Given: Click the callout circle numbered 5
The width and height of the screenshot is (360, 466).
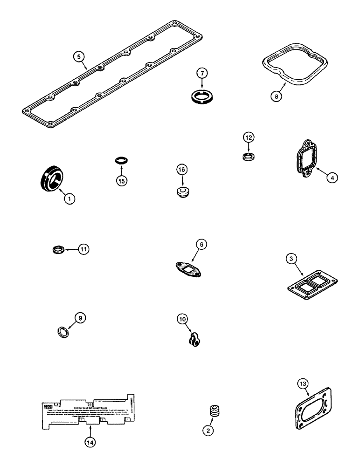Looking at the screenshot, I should tap(80, 56).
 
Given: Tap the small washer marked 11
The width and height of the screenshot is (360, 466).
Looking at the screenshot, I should tap(57, 251).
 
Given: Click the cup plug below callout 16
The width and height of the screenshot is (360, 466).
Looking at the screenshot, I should tap(182, 192).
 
